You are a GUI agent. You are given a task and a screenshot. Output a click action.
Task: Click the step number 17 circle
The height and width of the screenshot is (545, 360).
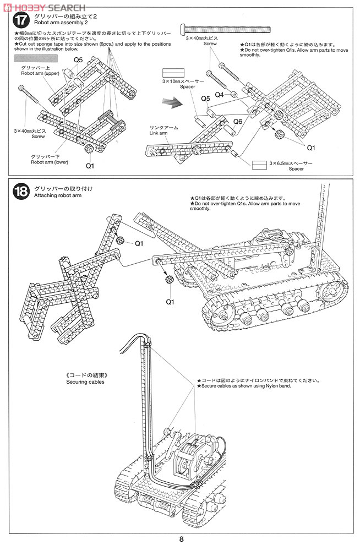click(20, 21)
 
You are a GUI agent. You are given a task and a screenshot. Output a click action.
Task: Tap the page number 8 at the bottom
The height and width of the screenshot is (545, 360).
click(181, 538)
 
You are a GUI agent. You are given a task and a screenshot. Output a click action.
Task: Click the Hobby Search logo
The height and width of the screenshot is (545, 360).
click(43, 7)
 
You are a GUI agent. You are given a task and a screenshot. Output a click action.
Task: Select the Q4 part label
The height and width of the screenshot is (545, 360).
click(219, 94)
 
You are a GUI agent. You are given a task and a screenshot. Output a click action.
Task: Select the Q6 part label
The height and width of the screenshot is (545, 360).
click(238, 121)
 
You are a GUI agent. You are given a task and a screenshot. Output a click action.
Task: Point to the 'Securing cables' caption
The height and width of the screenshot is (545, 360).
click(85, 381)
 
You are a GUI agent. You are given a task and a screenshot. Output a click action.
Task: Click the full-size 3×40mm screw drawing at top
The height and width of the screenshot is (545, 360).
click(225, 28)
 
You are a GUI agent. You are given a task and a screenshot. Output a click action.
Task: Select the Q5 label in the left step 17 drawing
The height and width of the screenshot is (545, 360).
click(78, 60)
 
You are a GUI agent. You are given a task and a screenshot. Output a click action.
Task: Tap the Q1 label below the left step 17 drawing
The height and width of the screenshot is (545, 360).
click(90, 165)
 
